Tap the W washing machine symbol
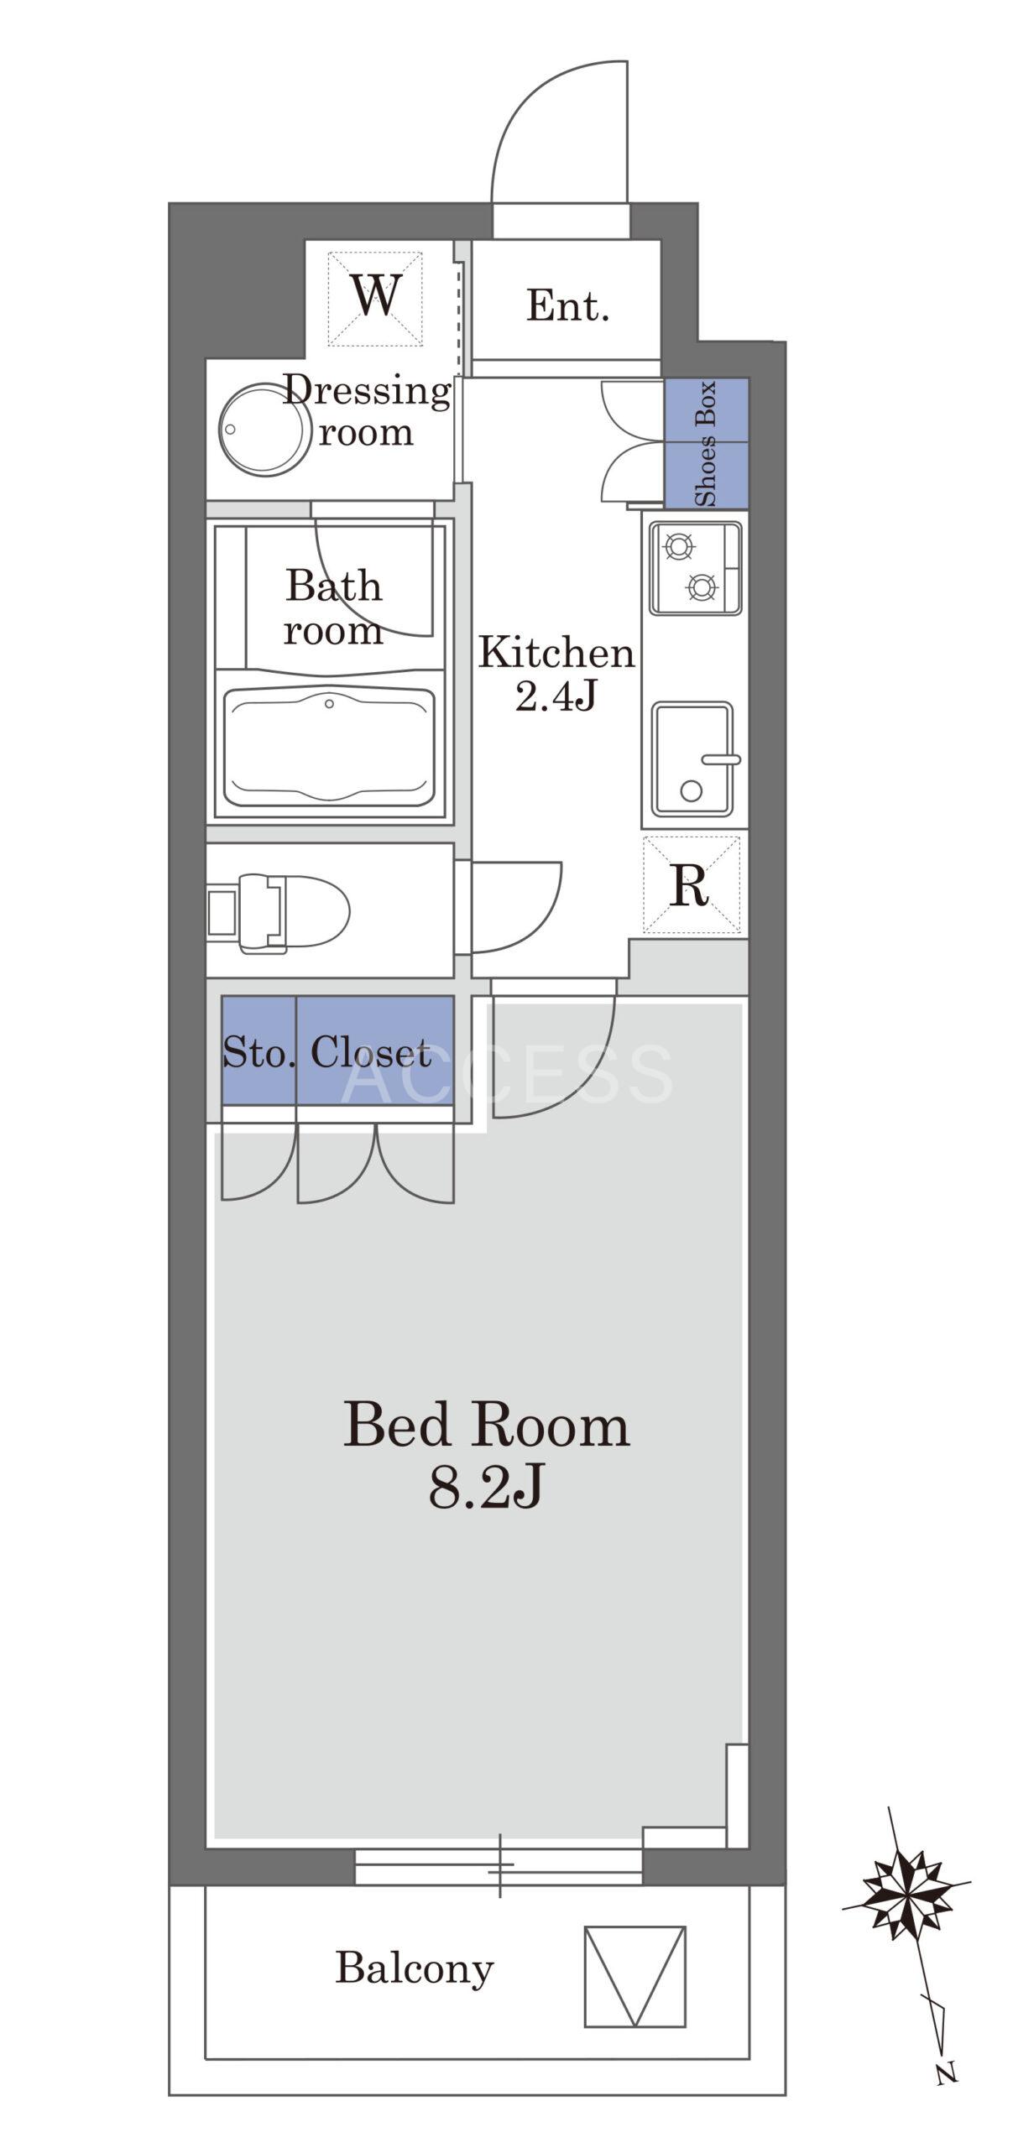click(374, 298)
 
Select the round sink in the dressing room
click(263, 430)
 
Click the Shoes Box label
click(706, 442)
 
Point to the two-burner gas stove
click(696, 568)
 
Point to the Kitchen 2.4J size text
click(556, 674)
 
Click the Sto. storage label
click(258, 1052)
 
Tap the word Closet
click(371, 1052)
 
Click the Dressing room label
click(366, 411)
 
